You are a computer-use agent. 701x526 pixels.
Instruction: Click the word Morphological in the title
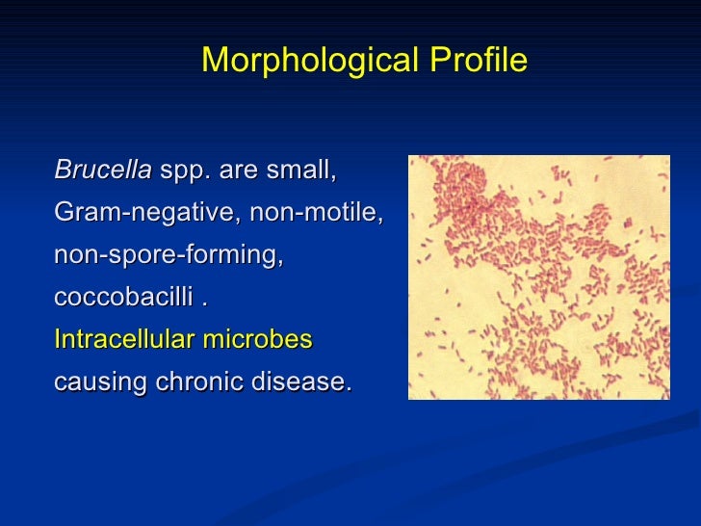[309, 62]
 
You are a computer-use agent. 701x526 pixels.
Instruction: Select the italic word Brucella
[103, 171]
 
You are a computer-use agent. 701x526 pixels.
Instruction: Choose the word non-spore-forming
[169, 256]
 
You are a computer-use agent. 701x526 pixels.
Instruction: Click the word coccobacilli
[124, 298]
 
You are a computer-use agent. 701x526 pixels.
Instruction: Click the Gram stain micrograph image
[538, 277]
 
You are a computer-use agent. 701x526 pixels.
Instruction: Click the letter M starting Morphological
[213, 62]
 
